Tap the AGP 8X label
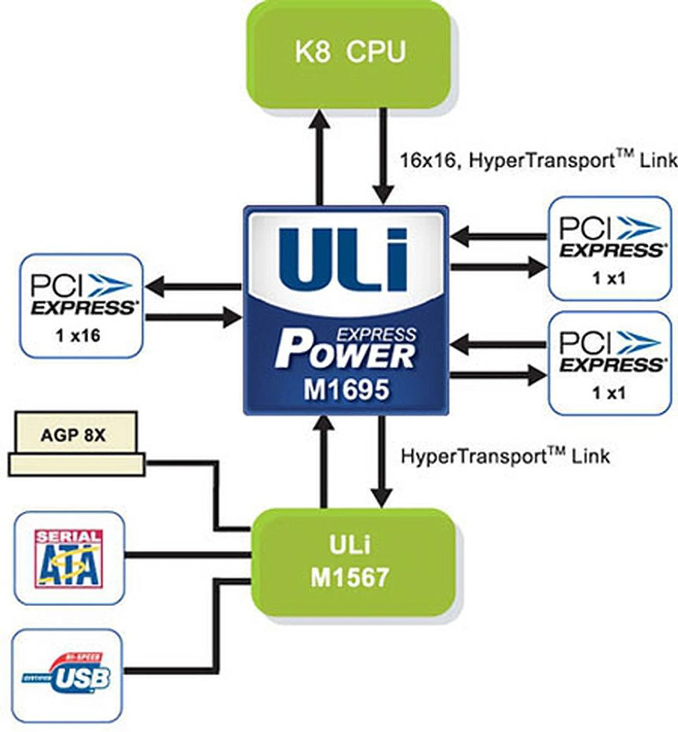[x=73, y=435]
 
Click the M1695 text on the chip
[x=346, y=390]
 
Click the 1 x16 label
[x=78, y=335]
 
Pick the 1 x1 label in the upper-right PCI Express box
[x=609, y=279]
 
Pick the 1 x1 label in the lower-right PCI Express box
[x=609, y=393]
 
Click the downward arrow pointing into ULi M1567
[x=383, y=462]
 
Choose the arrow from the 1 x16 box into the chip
[x=192, y=317]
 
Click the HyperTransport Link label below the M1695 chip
[x=505, y=456]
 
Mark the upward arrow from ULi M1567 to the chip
[x=323, y=462]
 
